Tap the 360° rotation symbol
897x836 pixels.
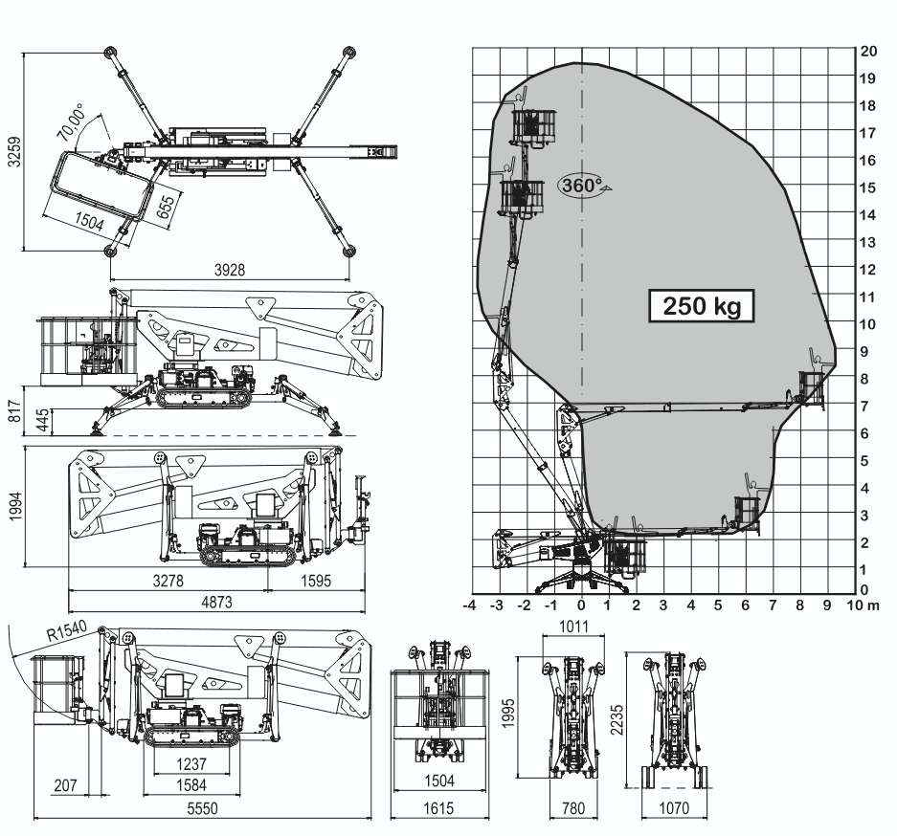click(x=580, y=186)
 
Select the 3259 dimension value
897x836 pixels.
click(x=12, y=150)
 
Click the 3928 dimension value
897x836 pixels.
click(x=230, y=271)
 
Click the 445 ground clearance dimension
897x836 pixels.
click(x=43, y=420)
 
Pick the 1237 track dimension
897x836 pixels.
click(x=191, y=763)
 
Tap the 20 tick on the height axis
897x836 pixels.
click(x=868, y=50)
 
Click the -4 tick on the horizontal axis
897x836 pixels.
click(x=469, y=605)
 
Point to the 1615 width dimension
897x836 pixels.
click(x=440, y=809)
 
